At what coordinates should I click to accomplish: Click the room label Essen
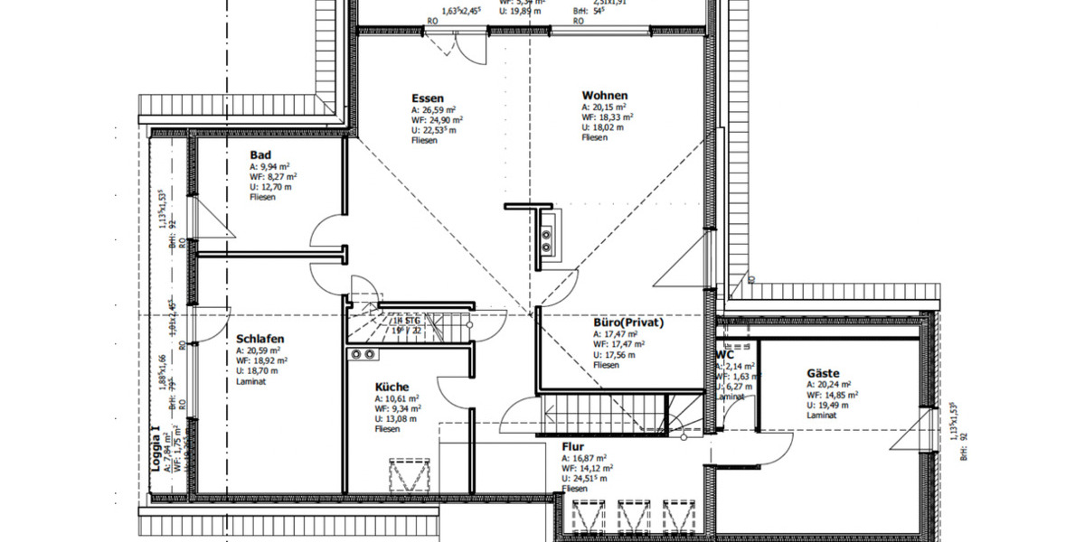point(427,98)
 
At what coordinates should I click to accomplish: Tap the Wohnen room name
point(605,96)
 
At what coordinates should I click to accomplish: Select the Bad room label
point(260,155)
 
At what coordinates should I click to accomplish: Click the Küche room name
point(392,387)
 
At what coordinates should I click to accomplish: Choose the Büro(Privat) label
point(628,322)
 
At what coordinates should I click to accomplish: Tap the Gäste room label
point(823,373)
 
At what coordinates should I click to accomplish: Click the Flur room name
point(572,446)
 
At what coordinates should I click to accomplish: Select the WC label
point(724,355)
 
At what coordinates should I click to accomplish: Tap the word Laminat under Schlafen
point(250,381)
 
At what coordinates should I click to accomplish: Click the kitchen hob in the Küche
point(363,354)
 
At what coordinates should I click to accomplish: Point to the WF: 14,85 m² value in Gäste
point(832,394)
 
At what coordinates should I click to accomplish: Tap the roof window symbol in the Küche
point(401,476)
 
